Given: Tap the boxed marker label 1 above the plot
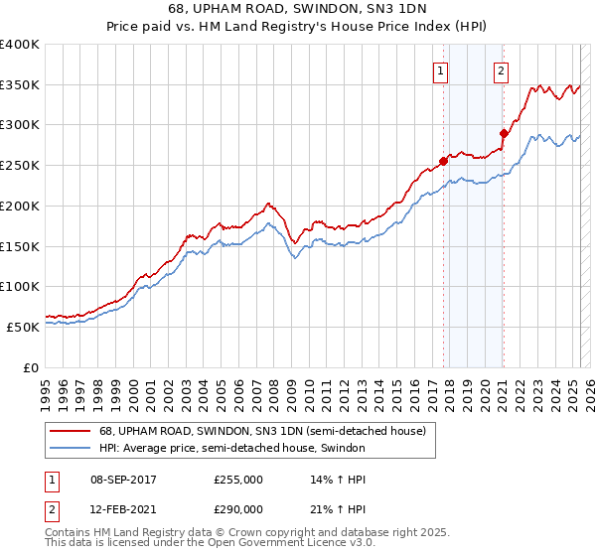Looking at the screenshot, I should tap(440, 70).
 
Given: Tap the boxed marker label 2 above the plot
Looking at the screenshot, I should tap(502, 70).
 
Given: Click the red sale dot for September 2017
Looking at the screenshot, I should tap(443, 161).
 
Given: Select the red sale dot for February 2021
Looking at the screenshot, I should tap(504, 133).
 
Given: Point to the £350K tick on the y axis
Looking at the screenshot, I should tap(19, 84).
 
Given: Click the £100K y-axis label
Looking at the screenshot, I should tap(19, 286).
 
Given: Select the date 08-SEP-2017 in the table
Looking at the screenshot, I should tap(123, 480).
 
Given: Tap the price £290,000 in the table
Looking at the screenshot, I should tap(238, 508).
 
